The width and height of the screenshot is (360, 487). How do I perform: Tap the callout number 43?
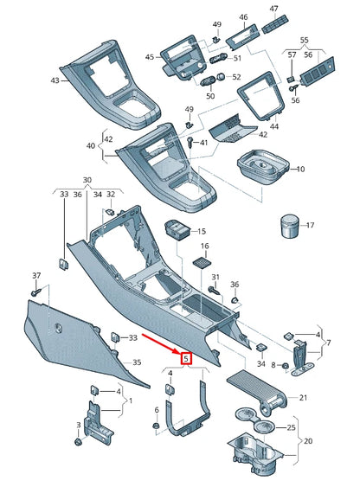(x=55, y=80)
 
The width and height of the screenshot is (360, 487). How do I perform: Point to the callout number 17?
(x=312, y=226)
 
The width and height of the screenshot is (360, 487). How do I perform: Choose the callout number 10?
(x=300, y=169)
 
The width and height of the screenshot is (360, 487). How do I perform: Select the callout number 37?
(x=35, y=275)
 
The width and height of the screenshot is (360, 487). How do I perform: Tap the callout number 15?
(x=202, y=232)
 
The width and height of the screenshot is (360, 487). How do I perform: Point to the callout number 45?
(x=149, y=57)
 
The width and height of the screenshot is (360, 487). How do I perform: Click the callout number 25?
(x=291, y=427)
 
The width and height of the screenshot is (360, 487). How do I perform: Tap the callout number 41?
(x=204, y=141)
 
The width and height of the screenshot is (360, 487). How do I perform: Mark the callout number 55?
(x=304, y=40)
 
